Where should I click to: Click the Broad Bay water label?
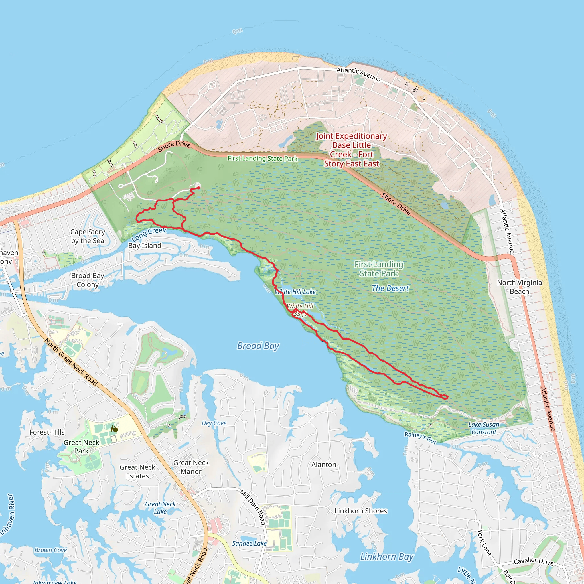[258, 346]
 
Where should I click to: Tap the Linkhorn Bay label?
[387, 557]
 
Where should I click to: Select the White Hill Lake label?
[295, 292]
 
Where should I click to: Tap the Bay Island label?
[145, 246]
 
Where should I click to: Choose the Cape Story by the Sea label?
[88, 236]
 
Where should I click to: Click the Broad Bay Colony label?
[88, 280]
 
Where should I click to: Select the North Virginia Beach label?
[519, 287]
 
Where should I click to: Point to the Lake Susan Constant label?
[484, 428]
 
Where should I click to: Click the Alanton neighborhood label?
[324, 465]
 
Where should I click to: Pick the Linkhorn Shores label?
[361, 511]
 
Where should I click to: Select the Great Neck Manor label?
[191, 467]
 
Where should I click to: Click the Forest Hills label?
[47, 432]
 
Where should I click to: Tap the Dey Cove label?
[214, 423]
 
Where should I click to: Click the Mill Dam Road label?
[253, 507]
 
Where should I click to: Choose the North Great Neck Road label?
[71, 362]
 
